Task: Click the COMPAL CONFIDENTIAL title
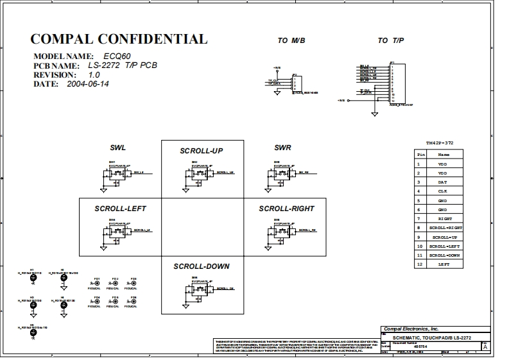pos(119,39)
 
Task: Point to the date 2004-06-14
pos(88,84)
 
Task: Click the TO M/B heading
pos(291,40)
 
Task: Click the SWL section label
pos(117,148)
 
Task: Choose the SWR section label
pos(282,148)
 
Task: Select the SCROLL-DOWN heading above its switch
pos(201,266)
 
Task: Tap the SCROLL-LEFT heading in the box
pos(121,209)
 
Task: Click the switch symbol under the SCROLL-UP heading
pos(200,173)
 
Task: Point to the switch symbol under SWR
pos(282,173)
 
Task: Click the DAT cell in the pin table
pos(443,182)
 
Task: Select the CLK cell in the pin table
pos(443,191)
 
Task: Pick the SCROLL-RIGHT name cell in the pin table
pos(445,228)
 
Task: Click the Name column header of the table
pos(444,155)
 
